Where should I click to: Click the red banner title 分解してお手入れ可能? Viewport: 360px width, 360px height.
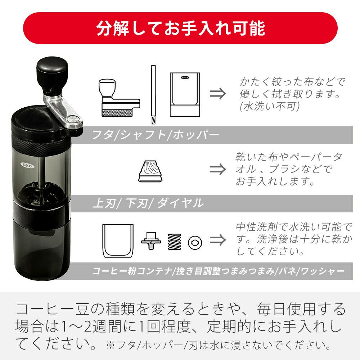coord(181,28)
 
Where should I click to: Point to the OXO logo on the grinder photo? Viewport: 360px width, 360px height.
coord(27,165)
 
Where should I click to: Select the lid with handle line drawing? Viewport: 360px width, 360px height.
coord(119,98)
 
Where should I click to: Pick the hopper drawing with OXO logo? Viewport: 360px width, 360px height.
coord(185,95)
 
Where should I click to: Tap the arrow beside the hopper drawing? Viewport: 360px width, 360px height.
coord(218,94)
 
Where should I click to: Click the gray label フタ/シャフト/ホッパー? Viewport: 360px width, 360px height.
coord(156,135)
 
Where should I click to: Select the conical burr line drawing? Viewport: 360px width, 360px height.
coord(150,171)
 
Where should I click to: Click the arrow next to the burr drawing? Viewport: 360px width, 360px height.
coord(218,169)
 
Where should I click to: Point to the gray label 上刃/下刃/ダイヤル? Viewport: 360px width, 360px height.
coord(148,203)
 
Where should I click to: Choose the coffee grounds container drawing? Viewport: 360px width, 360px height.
coord(118,241)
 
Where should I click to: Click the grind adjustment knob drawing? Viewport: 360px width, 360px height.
coord(151,240)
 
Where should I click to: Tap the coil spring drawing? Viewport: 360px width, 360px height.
coord(175,242)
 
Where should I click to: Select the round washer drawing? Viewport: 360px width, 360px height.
coord(195,242)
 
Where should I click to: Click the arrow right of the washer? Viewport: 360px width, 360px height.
coord(218,240)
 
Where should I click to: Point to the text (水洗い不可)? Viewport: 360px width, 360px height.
coord(270,106)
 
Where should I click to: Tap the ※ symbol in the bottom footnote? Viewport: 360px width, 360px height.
coord(111,345)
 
